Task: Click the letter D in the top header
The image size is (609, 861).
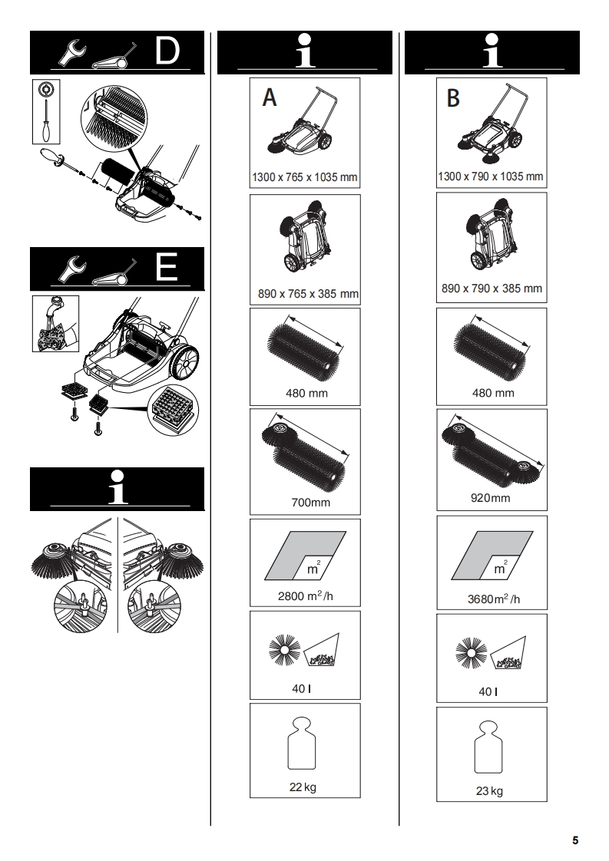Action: [167, 51]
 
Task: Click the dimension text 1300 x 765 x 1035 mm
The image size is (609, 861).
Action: [306, 177]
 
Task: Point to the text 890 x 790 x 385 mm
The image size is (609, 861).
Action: [492, 289]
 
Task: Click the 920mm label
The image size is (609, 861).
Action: [491, 498]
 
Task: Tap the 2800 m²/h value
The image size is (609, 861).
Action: [305, 595]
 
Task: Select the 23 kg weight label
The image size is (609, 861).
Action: [491, 791]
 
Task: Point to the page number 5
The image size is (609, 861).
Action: [574, 840]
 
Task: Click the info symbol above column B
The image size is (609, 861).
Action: [491, 51]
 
